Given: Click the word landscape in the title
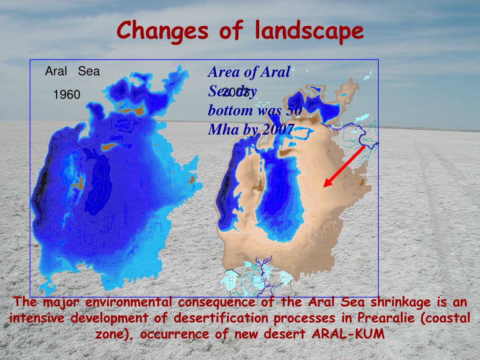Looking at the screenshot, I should tap(309, 31).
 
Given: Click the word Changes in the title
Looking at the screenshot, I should tap(162, 31).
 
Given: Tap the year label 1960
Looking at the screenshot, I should tap(67, 95).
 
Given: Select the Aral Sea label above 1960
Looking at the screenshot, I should tap(72, 72).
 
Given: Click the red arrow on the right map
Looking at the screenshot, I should tap(345, 166).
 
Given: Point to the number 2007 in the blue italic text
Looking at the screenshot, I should tap(278, 129).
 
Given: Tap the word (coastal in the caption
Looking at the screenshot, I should tap(445, 319).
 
